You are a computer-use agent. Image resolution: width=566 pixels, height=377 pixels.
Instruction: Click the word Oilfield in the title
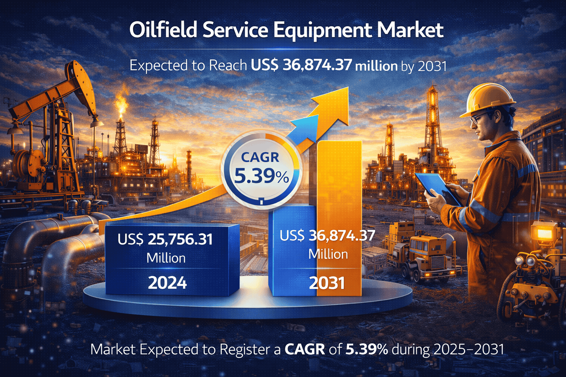[163, 30]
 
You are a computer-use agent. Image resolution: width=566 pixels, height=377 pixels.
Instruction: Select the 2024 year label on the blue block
[167, 282]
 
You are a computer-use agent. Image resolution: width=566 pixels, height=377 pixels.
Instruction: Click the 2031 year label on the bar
[327, 283]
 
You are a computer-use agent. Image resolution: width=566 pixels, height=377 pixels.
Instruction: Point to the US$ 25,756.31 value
[165, 239]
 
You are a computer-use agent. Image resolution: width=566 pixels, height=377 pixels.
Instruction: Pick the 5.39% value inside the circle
[262, 176]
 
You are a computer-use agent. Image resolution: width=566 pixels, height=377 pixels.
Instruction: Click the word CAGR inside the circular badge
[260, 158]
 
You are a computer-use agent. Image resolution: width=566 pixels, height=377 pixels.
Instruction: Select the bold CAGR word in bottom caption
[305, 349]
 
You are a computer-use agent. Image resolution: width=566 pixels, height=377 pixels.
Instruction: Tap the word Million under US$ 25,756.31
[166, 258]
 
